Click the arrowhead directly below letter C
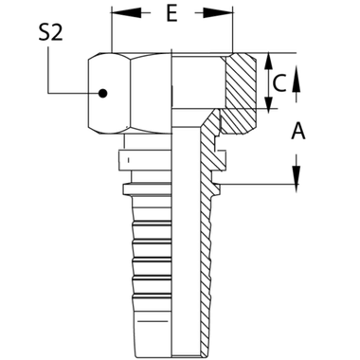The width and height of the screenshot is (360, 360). (x=296, y=106)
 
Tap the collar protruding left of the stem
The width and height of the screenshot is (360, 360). (x=126, y=161)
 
